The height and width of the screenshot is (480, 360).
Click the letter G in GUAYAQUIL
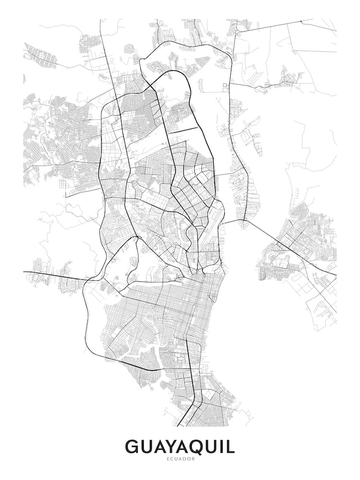tap(133, 447)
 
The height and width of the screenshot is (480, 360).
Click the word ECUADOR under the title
tap(180, 459)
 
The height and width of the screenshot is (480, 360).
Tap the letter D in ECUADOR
tap(184, 459)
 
